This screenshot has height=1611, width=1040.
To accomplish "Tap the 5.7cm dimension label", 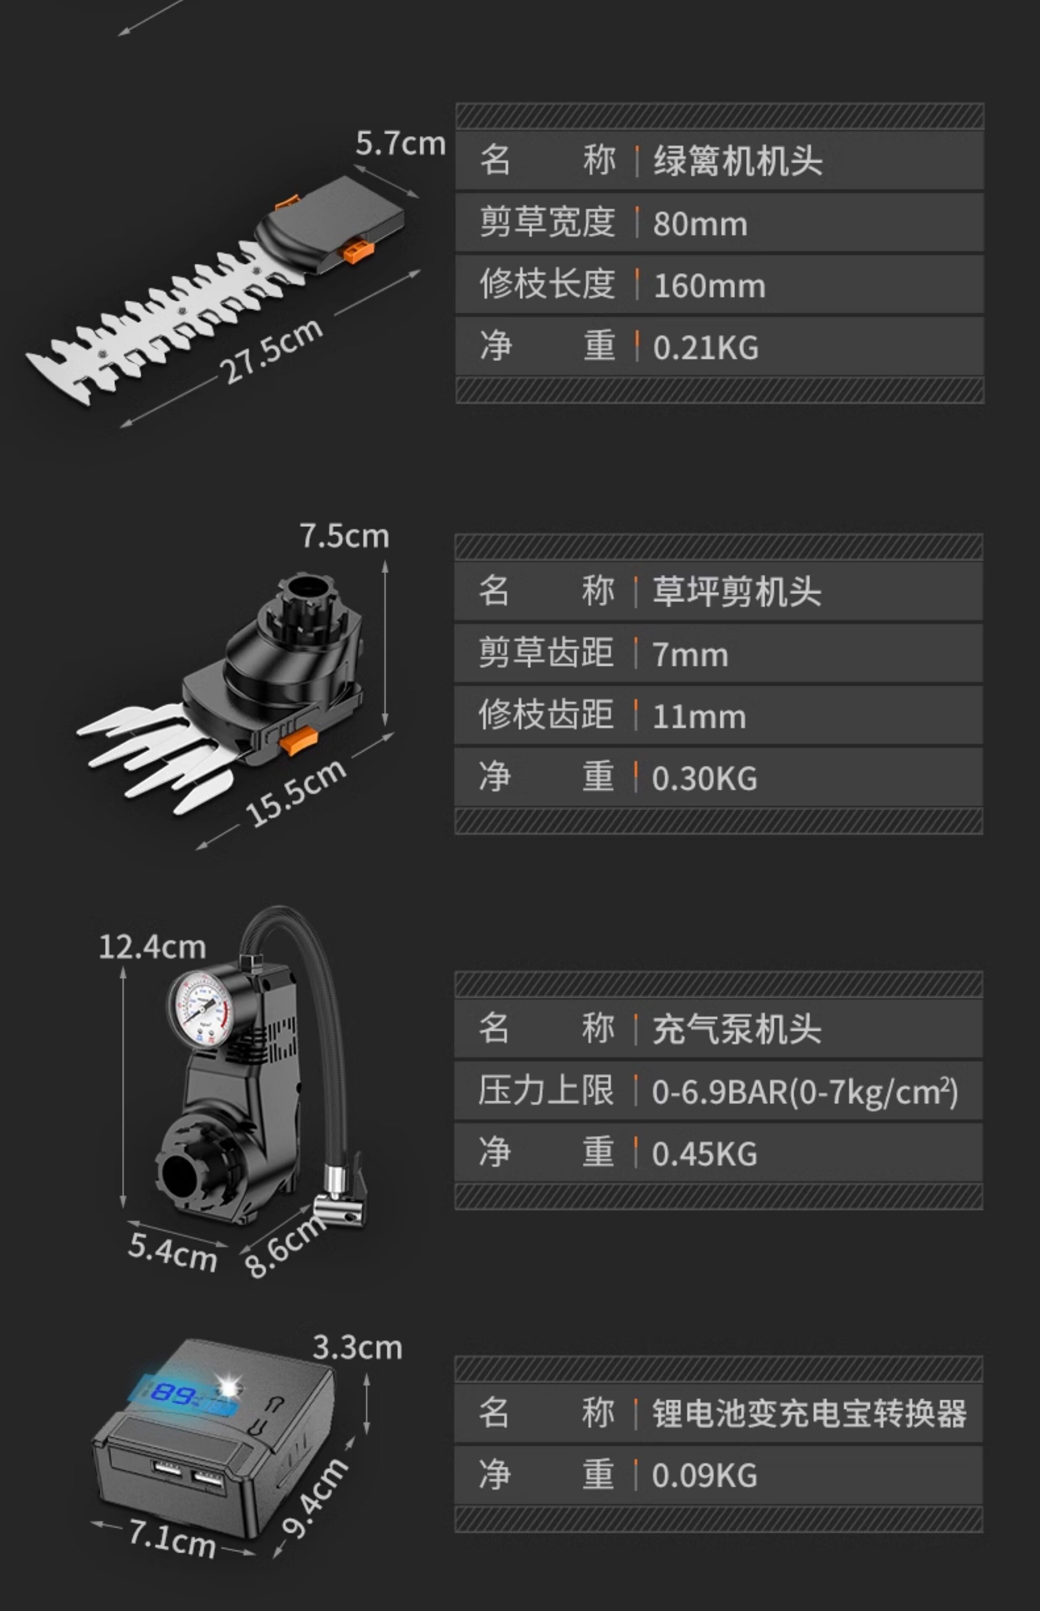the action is [x=400, y=143].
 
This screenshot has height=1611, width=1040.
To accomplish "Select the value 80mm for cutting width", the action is [x=699, y=224].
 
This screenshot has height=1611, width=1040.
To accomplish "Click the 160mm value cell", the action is [x=709, y=286].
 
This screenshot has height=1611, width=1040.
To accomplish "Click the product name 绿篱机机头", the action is [x=738, y=162].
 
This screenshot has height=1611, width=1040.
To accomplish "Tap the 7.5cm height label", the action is [x=344, y=536].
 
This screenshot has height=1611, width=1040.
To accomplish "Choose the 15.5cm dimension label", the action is [x=296, y=792].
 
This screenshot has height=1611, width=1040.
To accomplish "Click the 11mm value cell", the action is [x=699, y=717].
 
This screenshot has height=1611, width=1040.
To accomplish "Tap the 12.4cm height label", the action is [x=152, y=946].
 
